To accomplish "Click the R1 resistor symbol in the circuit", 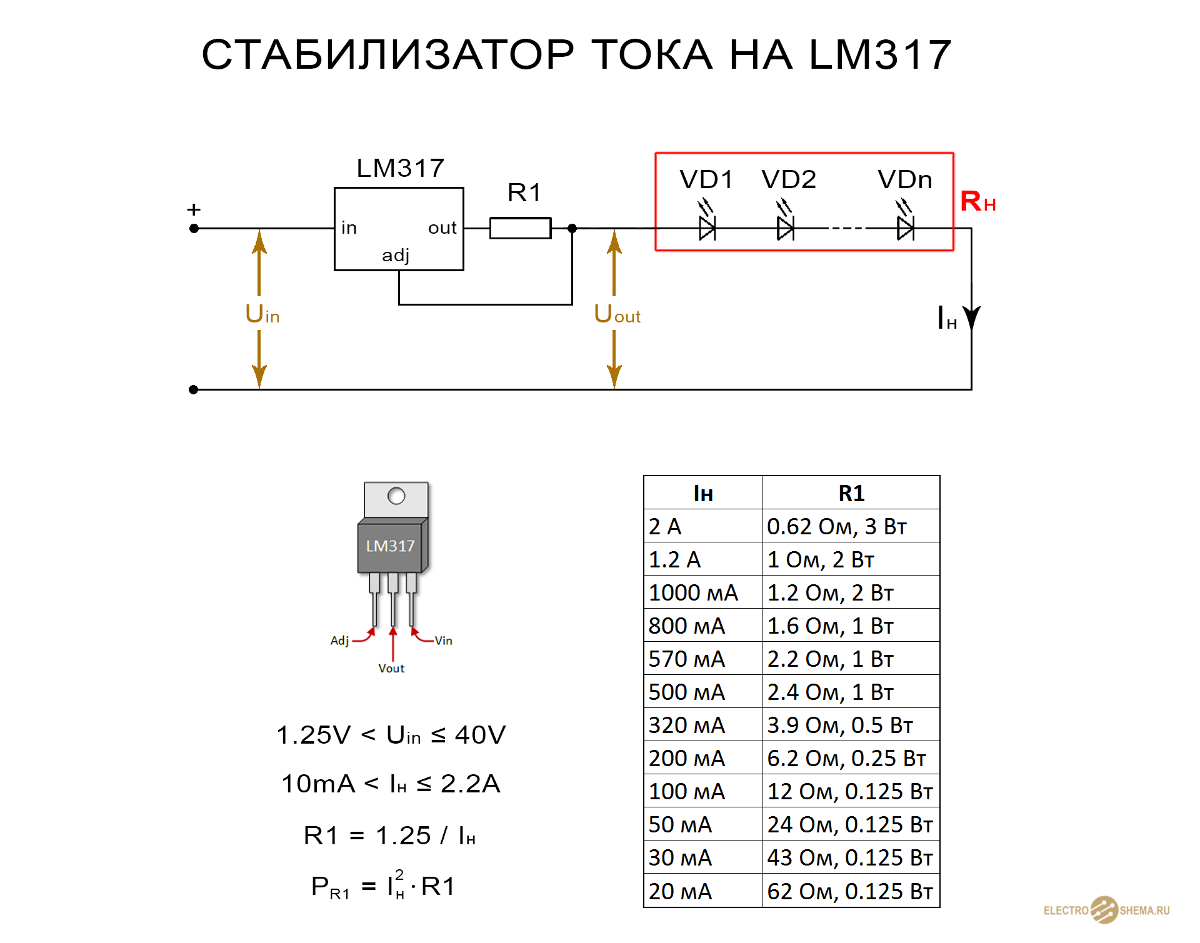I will pos(520,228).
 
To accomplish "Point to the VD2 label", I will pos(789,180).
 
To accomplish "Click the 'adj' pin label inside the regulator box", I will pos(396,256).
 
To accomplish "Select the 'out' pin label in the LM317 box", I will pos(442,228).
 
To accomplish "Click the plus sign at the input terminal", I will pos(194,209).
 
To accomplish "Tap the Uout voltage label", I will pos(617,314).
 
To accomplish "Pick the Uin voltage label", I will pos(262,314).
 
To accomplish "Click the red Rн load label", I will pos(977,202).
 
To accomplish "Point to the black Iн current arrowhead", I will pos(971,318).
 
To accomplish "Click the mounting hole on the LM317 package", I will pos(396,496).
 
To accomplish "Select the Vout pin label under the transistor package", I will pos(391,668).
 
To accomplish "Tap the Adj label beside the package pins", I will pos(339,641).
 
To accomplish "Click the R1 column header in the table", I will pos(851,493).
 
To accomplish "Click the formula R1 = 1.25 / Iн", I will pos(389,836).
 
